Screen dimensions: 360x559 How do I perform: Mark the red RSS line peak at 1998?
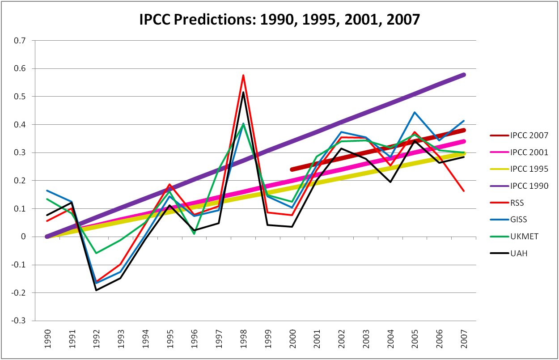(243, 75)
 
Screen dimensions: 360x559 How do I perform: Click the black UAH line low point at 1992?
(96, 290)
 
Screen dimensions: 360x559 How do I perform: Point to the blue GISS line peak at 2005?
(415, 112)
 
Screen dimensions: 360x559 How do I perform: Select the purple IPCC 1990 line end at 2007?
(464, 75)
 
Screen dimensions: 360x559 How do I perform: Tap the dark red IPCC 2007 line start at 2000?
(292, 169)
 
